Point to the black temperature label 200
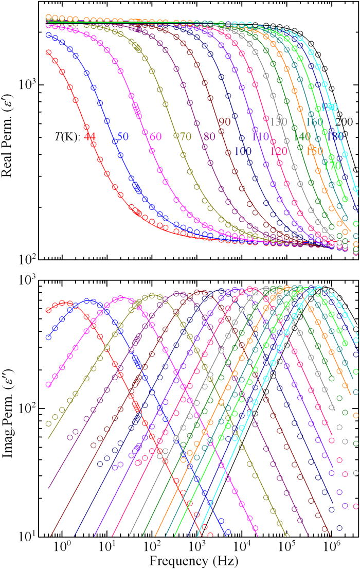coord(343,121)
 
